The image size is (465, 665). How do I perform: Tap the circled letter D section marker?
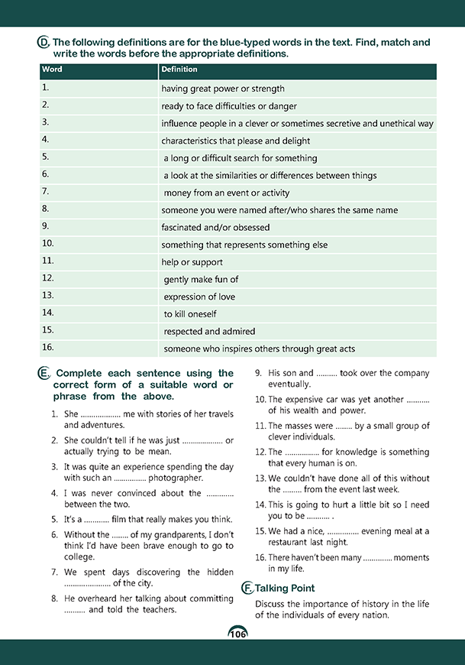44,44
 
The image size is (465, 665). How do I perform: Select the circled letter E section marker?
44,373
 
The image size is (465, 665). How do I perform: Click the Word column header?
53,70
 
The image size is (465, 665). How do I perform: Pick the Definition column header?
179,70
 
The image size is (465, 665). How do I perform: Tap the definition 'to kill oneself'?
190,314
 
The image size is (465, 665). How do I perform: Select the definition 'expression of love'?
199,297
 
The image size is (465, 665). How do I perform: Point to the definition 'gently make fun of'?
201,280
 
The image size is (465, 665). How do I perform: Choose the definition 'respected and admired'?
209,332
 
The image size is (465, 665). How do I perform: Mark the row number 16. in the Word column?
47,348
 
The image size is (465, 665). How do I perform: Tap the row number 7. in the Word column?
46,191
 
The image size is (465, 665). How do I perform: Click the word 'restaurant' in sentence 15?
291,541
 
